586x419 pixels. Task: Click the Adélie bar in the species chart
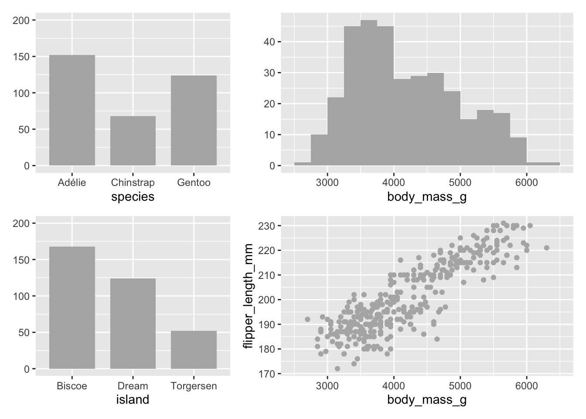(x=72, y=110)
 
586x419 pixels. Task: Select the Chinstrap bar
(x=133, y=141)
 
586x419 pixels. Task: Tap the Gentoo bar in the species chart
(x=194, y=120)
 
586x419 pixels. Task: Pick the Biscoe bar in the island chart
(x=72, y=308)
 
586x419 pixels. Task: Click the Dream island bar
(x=133, y=323)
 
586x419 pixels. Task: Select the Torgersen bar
(x=194, y=350)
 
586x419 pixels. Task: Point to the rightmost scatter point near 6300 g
(x=547, y=248)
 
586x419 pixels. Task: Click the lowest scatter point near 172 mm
(x=337, y=369)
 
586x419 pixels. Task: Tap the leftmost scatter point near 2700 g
(x=307, y=319)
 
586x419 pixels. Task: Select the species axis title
(x=133, y=197)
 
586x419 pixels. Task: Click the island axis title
(x=133, y=399)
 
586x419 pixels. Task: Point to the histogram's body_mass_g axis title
(x=427, y=197)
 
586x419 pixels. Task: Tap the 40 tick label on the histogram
(x=269, y=42)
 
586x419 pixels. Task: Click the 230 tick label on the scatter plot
(x=266, y=226)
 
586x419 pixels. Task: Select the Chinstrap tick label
(x=133, y=182)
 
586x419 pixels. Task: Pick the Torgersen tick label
(x=194, y=386)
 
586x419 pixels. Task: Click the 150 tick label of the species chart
(x=24, y=57)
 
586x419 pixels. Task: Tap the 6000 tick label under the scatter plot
(x=527, y=386)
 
